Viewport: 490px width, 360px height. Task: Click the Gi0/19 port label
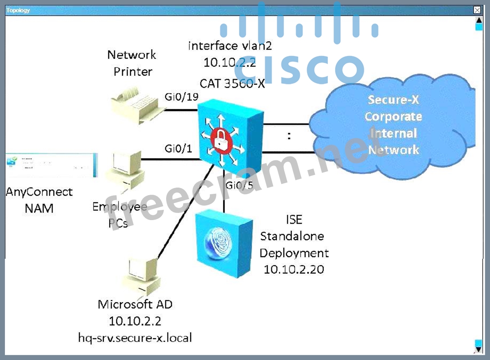click(x=181, y=98)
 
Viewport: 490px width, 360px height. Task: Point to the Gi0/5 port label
click(x=239, y=184)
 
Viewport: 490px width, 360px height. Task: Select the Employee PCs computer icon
click(x=125, y=170)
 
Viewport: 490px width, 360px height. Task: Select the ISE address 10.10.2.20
click(x=294, y=270)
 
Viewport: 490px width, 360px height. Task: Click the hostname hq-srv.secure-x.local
click(x=135, y=338)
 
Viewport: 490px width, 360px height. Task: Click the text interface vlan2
click(x=230, y=45)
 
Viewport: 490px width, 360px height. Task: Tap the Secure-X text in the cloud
click(x=393, y=99)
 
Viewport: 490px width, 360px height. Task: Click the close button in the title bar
click(x=478, y=10)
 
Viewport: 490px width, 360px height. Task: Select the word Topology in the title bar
click(x=18, y=10)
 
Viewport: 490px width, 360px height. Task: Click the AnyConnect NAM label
click(x=39, y=200)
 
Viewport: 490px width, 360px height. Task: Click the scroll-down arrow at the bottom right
click(x=478, y=344)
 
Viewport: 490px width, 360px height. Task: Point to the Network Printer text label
click(x=132, y=63)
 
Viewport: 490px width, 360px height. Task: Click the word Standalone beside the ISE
click(x=292, y=236)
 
